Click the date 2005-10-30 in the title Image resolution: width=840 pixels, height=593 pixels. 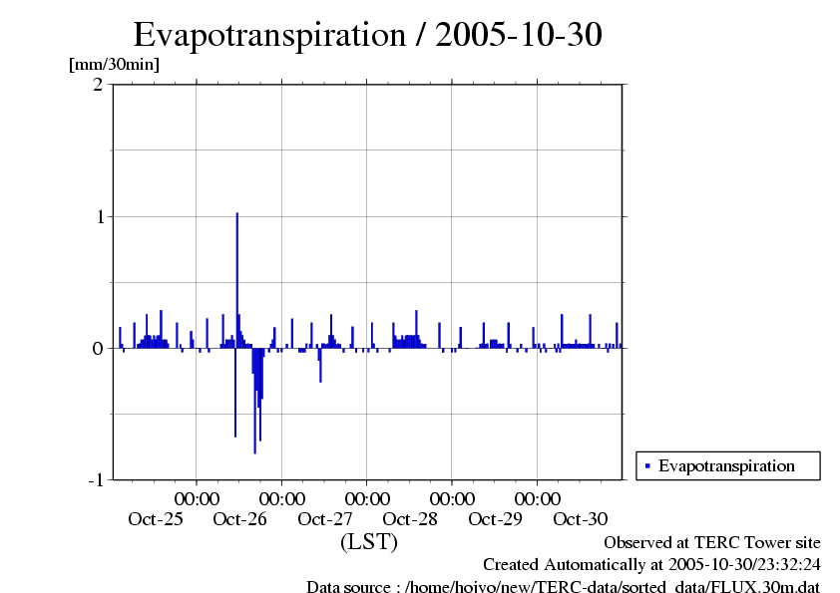point(519,36)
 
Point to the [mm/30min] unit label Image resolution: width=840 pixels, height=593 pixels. point(114,65)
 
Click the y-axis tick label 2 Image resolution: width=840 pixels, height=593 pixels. point(98,85)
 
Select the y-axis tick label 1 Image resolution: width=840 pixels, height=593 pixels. point(98,216)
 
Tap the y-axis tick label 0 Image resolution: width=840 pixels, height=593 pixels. point(98,348)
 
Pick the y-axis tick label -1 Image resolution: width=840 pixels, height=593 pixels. point(95,479)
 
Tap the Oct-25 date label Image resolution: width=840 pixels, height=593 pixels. point(156,518)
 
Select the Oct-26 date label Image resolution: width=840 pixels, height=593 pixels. point(240,518)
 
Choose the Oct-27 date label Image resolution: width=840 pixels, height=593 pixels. point(325,518)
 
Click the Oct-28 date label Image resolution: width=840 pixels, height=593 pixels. point(410,518)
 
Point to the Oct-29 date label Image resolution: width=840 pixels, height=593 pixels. point(495,518)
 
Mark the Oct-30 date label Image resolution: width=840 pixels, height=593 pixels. point(580,518)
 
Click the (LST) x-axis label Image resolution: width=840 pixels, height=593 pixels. point(369,542)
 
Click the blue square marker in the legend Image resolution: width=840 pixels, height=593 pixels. point(647,465)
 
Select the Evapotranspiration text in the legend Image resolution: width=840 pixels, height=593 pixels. point(726,465)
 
